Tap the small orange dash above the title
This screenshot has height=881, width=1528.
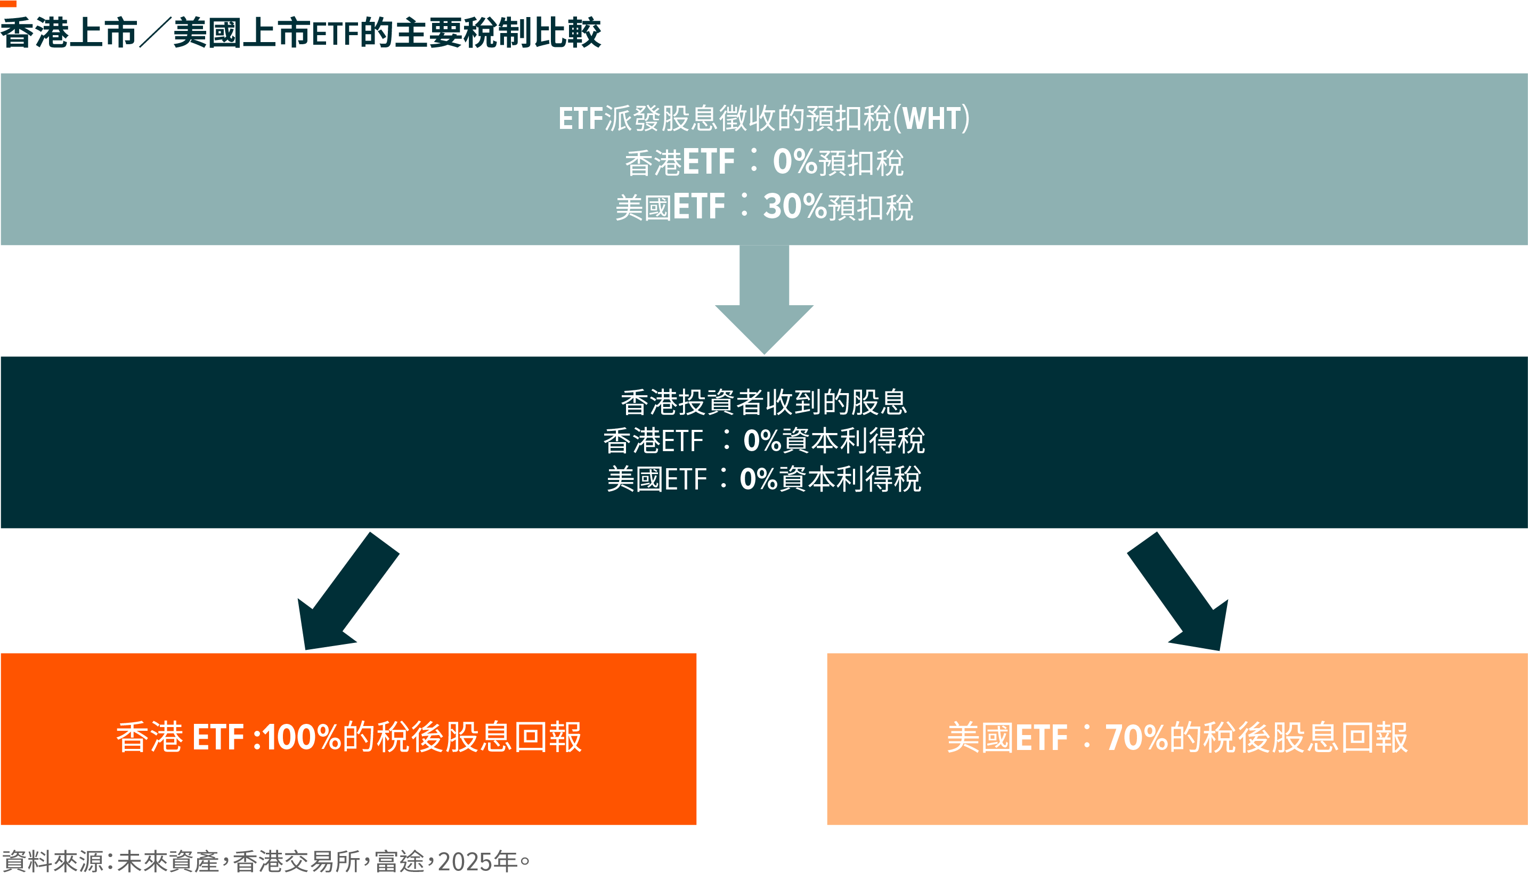pos(9,4)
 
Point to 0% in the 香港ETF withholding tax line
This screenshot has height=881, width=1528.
pos(794,161)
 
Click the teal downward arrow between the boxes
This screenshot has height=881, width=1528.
pos(765,299)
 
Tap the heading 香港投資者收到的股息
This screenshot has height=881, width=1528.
pos(765,402)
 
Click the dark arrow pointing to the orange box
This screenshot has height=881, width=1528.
pos(348,591)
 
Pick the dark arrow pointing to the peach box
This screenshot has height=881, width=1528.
pos(1177,591)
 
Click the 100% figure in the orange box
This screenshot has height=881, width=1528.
pos(302,738)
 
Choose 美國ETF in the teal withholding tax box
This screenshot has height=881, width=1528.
pos(670,207)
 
